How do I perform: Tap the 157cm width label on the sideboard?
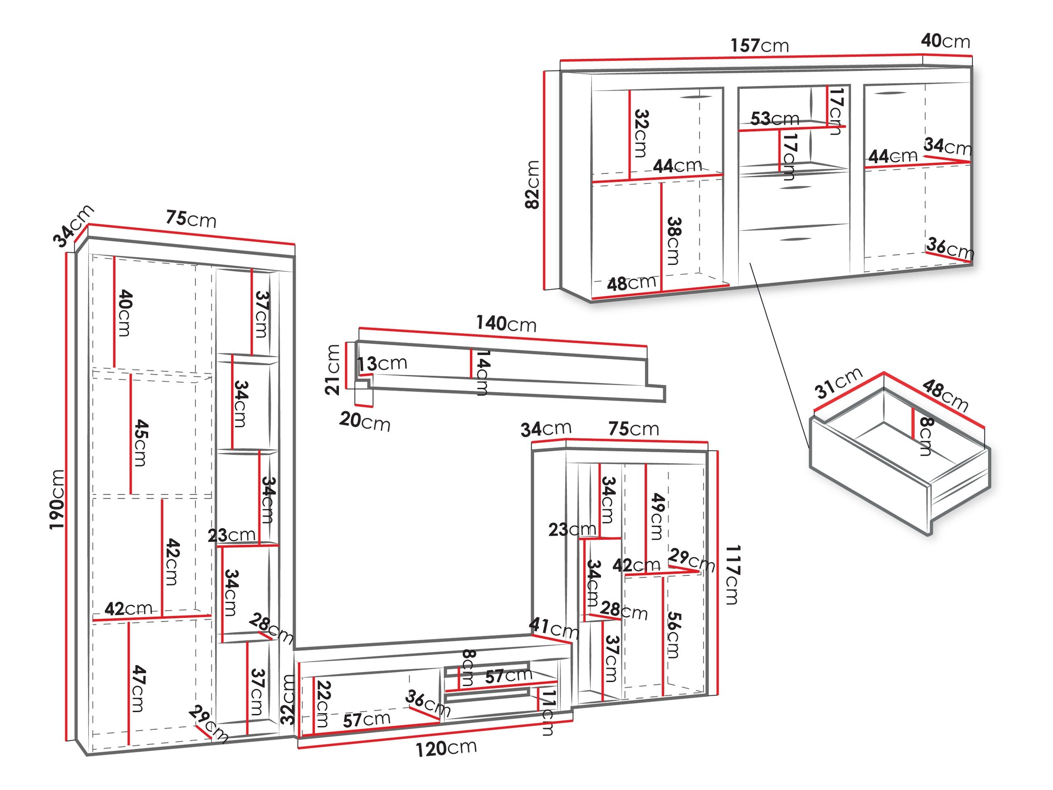760,45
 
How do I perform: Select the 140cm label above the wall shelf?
506,324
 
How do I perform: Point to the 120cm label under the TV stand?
446,748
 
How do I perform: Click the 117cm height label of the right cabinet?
732,575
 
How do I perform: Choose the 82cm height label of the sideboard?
532,184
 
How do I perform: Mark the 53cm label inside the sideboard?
775,118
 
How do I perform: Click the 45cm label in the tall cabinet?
140,442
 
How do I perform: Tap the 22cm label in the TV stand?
323,704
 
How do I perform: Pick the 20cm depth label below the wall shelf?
365,421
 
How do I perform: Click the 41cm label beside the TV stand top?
554,629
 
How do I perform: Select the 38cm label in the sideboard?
674,241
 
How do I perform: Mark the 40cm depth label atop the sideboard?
945,41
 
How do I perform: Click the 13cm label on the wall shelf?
383,363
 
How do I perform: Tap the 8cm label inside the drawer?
926,436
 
